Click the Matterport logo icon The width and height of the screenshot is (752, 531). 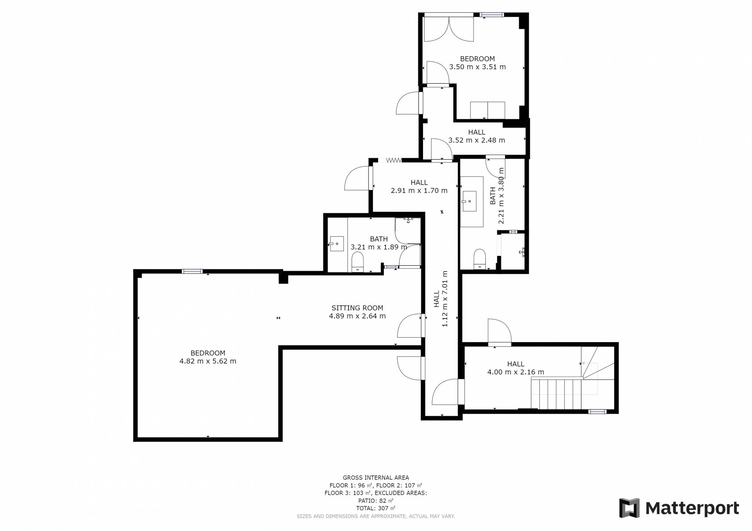pos(629,508)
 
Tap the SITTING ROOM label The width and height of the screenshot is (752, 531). pos(357,308)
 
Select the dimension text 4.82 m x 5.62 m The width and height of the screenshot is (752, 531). pos(208,361)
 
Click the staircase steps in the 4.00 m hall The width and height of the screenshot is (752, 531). pos(556,393)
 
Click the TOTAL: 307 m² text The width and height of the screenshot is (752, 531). pos(376,508)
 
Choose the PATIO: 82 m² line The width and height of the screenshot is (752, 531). pos(376,500)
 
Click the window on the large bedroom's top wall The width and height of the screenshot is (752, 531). pos(192,271)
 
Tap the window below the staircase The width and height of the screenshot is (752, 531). pos(598,411)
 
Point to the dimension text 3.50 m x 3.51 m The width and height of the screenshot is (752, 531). pos(477,67)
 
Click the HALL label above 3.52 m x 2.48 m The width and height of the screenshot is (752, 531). pos(477,132)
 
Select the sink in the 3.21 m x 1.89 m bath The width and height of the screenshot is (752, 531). pos(336,243)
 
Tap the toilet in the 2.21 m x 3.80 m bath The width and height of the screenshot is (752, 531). pos(480,259)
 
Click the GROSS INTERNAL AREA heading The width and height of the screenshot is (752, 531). pos(376,477)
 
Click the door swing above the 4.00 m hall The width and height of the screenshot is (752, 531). pos(499,331)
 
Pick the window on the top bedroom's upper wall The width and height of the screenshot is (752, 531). pos(492,15)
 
